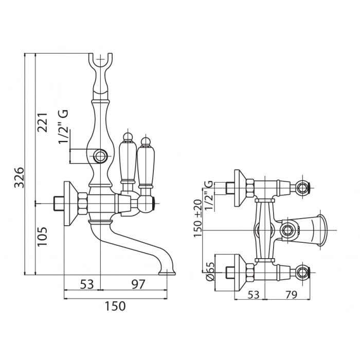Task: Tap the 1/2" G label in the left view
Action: (x=64, y=127)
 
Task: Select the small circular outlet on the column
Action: (x=101, y=155)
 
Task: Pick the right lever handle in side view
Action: (x=146, y=165)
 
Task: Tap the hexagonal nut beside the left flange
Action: (x=81, y=202)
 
